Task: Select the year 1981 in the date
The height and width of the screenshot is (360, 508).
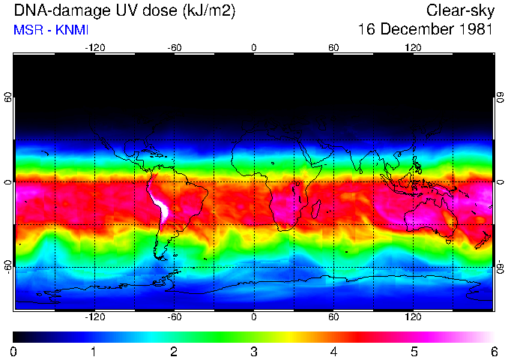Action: point(473,30)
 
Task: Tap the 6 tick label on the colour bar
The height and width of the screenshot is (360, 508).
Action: point(493,351)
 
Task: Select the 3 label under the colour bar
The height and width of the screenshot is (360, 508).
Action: point(253,351)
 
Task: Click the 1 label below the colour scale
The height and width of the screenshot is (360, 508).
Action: point(94,351)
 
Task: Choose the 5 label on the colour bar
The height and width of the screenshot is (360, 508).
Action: point(413,351)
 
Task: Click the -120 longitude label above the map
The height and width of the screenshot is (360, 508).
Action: point(94,47)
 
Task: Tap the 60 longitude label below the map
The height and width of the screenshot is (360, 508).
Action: point(333,316)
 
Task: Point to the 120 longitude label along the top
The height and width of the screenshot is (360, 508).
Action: point(413,47)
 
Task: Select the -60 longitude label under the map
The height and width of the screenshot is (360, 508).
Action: point(174,316)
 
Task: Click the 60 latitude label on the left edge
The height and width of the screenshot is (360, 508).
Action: point(8,97)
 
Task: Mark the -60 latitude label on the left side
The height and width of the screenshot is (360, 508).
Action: point(8,267)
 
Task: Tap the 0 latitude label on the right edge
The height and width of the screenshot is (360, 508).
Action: point(500,182)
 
